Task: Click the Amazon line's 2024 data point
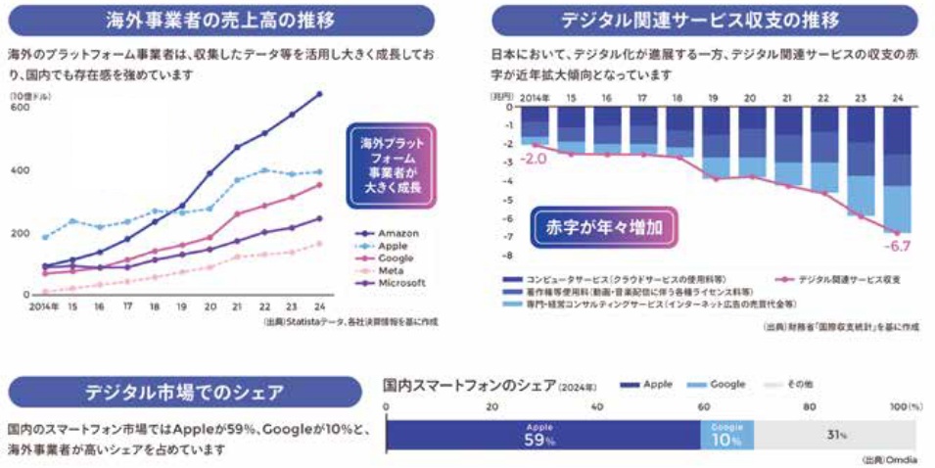(318, 94)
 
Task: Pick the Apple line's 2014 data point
(45, 237)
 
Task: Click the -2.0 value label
(534, 158)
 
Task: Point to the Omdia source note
(888, 458)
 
